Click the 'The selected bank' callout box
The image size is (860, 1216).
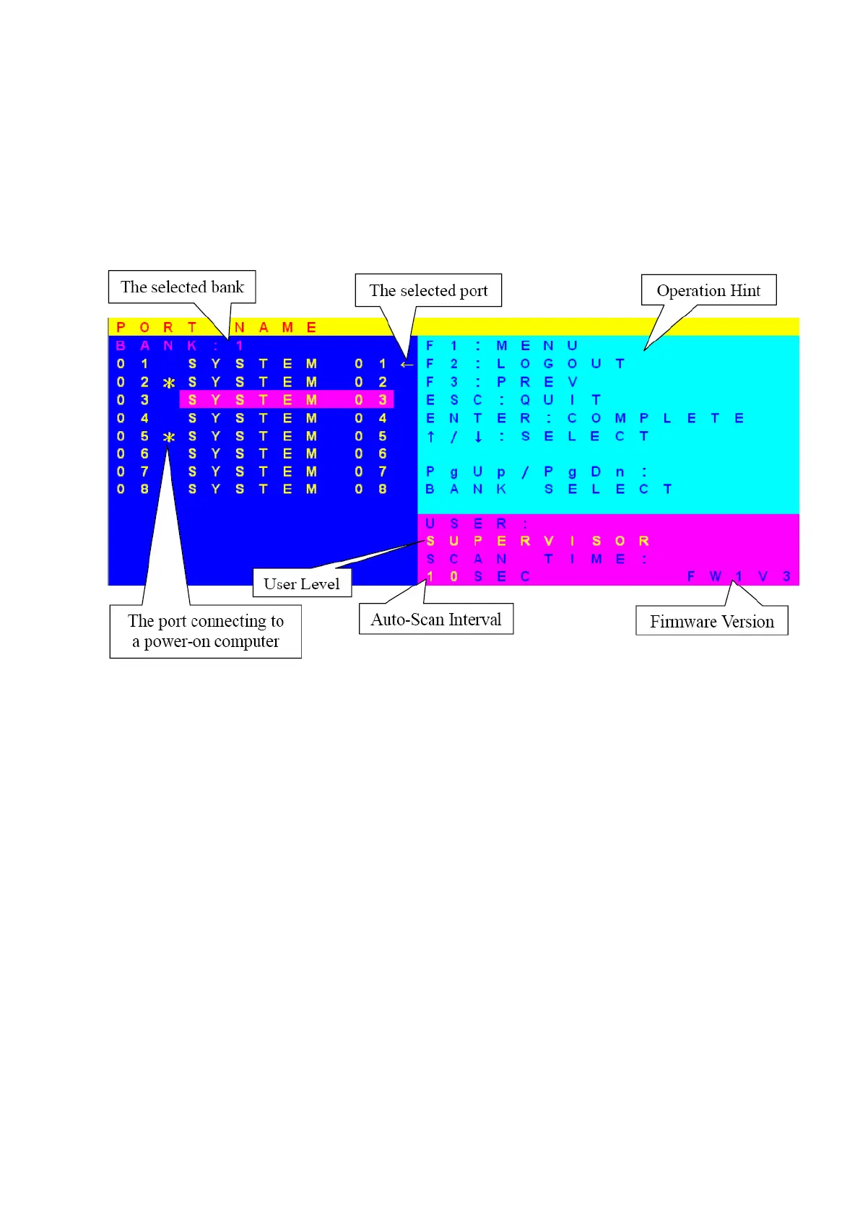(x=182, y=287)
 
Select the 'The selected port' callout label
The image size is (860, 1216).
(x=428, y=290)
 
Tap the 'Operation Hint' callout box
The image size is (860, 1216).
(x=708, y=290)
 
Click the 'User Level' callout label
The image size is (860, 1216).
(x=302, y=583)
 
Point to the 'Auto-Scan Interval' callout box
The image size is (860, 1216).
(x=436, y=620)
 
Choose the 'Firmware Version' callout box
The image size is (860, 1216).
(x=711, y=621)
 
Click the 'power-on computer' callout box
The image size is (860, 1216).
(x=206, y=631)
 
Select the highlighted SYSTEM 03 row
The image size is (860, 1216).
(x=287, y=399)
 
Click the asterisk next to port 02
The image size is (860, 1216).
(x=169, y=383)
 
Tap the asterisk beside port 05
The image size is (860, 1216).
(x=169, y=437)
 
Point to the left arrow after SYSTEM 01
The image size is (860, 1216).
(x=407, y=365)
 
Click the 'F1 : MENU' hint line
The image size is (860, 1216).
(x=501, y=346)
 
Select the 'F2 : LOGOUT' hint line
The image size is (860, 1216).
(x=524, y=364)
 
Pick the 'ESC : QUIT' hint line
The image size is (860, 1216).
(x=513, y=400)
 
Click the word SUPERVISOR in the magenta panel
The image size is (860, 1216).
(x=537, y=541)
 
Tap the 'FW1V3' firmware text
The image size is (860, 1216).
(x=739, y=576)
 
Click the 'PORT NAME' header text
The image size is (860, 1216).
(x=216, y=327)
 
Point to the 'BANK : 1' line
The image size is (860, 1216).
(x=180, y=346)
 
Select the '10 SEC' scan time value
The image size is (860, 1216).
(x=478, y=576)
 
